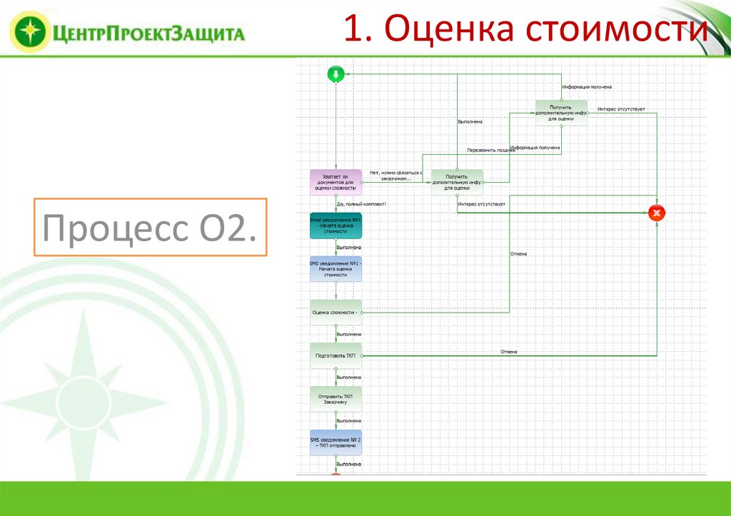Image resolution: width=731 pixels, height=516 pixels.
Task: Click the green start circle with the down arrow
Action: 336,74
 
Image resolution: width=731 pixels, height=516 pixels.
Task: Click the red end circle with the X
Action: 657,213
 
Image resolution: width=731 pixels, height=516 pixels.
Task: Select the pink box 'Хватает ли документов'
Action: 336,182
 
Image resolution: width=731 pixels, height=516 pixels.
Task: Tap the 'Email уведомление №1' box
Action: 336,226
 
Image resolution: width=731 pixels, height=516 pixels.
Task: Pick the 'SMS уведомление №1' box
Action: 336,268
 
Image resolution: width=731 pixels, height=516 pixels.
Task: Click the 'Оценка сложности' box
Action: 336,312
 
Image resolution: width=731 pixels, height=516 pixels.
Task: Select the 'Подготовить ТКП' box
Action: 336,355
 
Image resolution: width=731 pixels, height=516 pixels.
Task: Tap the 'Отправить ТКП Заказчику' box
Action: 336,398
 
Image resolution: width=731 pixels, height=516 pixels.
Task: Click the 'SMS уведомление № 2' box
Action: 336,442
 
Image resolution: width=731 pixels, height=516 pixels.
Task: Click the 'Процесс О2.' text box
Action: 150,228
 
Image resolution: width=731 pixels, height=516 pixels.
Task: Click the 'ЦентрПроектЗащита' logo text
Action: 148,32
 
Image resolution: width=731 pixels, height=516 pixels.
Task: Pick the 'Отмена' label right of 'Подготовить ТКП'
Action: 509,351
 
